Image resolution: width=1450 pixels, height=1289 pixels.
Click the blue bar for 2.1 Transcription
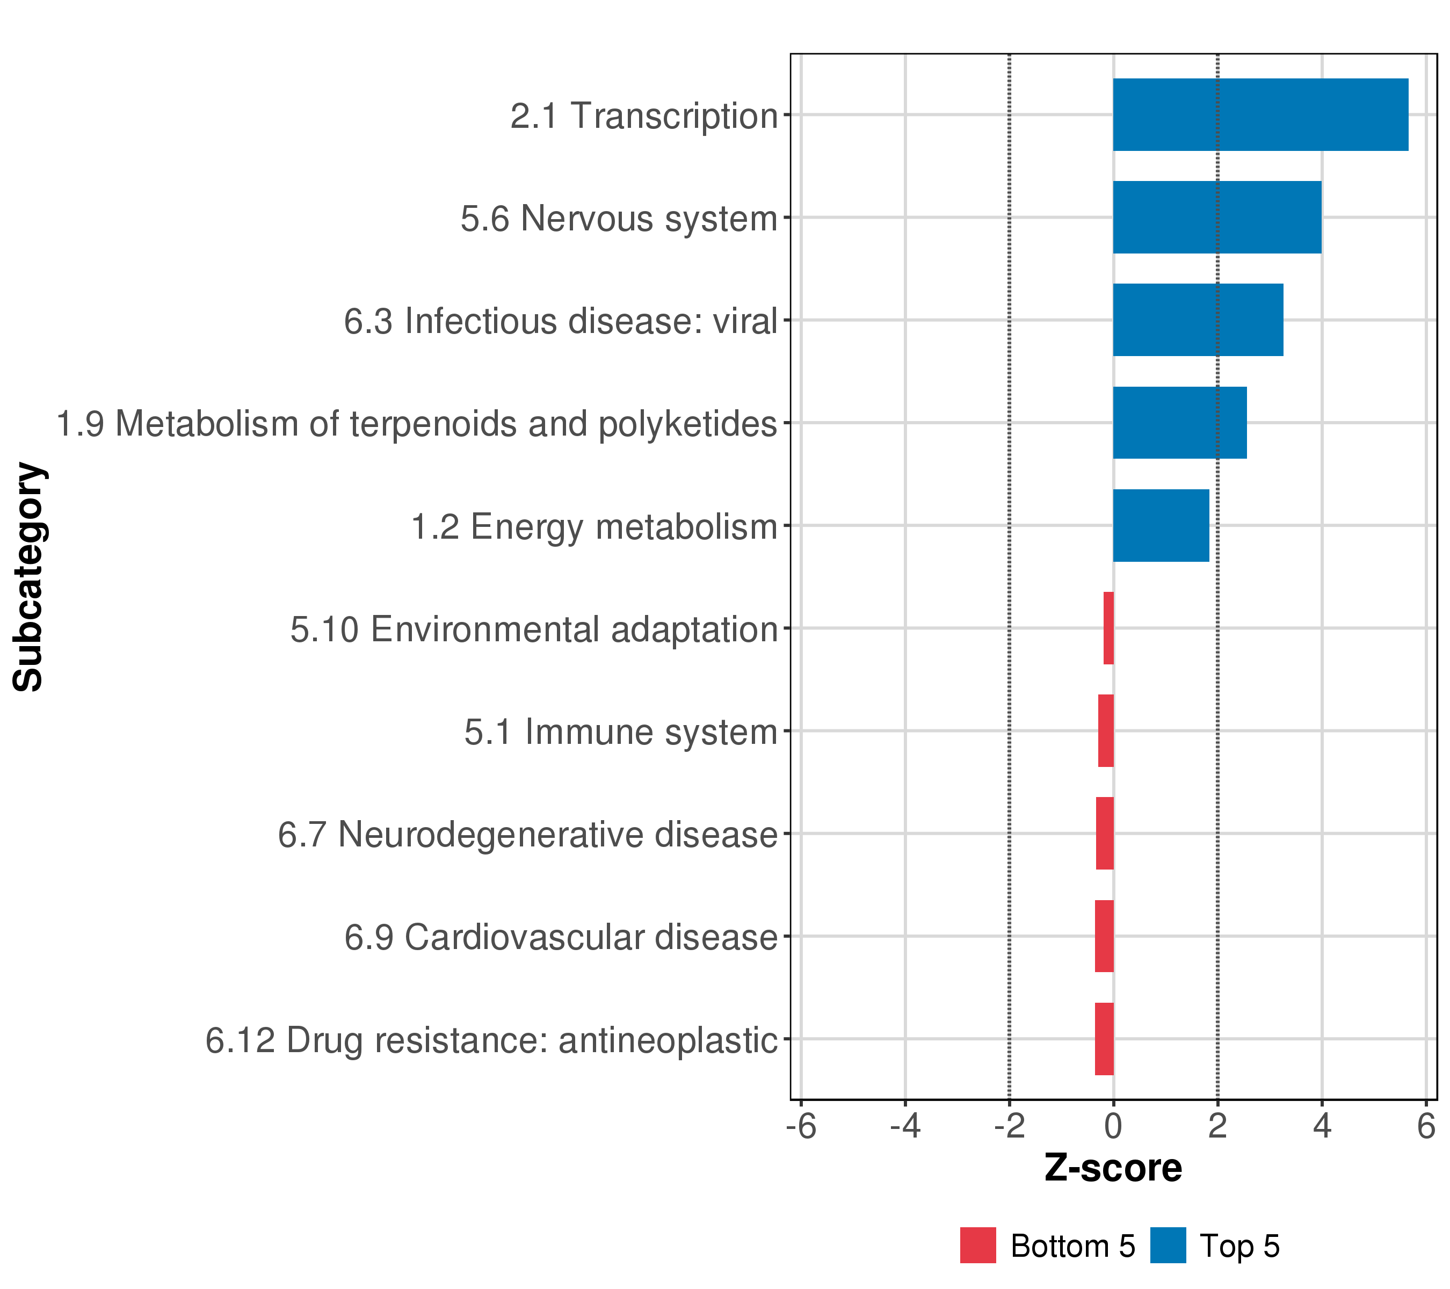tap(1260, 115)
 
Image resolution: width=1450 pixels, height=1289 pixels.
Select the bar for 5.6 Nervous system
tap(1216, 218)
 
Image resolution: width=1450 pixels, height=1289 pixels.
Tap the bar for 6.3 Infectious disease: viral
tap(1198, 320)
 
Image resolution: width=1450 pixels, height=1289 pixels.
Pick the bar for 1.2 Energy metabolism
tap(1161, 526)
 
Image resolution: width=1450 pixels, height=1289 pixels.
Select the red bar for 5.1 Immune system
tap(1105, 730)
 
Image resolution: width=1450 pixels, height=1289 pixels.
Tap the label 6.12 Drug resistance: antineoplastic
tap(491, 1040)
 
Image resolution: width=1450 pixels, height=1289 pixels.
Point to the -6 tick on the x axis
tap(802, 1127)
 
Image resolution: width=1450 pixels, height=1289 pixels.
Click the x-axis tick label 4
tap(1322, 1127)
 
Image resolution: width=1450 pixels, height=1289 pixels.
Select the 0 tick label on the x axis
tap(1113, 1127)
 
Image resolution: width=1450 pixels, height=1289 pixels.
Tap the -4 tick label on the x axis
tap(905, 1127)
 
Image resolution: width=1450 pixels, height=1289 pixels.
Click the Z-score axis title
tap(1113, 1168)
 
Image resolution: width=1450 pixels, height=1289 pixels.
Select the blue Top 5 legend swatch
tap(1168, 1245)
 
